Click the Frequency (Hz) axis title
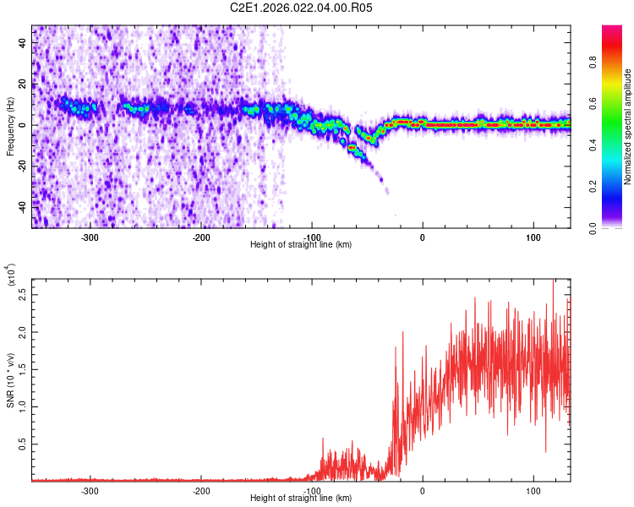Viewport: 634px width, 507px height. [x=10, y=126]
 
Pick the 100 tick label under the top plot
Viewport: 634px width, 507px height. [x=533, y=237]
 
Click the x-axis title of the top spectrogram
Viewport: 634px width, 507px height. [x=301, y=245]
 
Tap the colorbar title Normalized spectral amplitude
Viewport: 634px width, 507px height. [x=627, y=127]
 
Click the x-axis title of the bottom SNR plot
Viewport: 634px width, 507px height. [x=301, y=499]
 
